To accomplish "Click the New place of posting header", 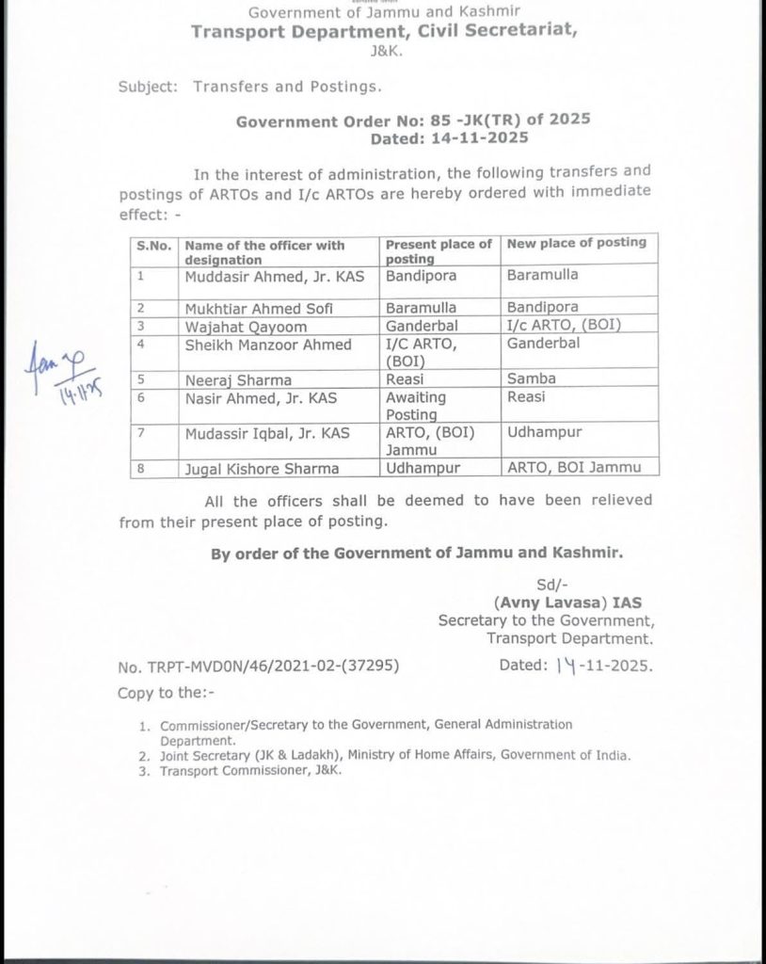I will pos(577,243).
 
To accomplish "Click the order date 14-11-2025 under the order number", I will pos(451,137).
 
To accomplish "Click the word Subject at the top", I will pos(148,86).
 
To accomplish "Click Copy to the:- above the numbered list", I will pos(166,694).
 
